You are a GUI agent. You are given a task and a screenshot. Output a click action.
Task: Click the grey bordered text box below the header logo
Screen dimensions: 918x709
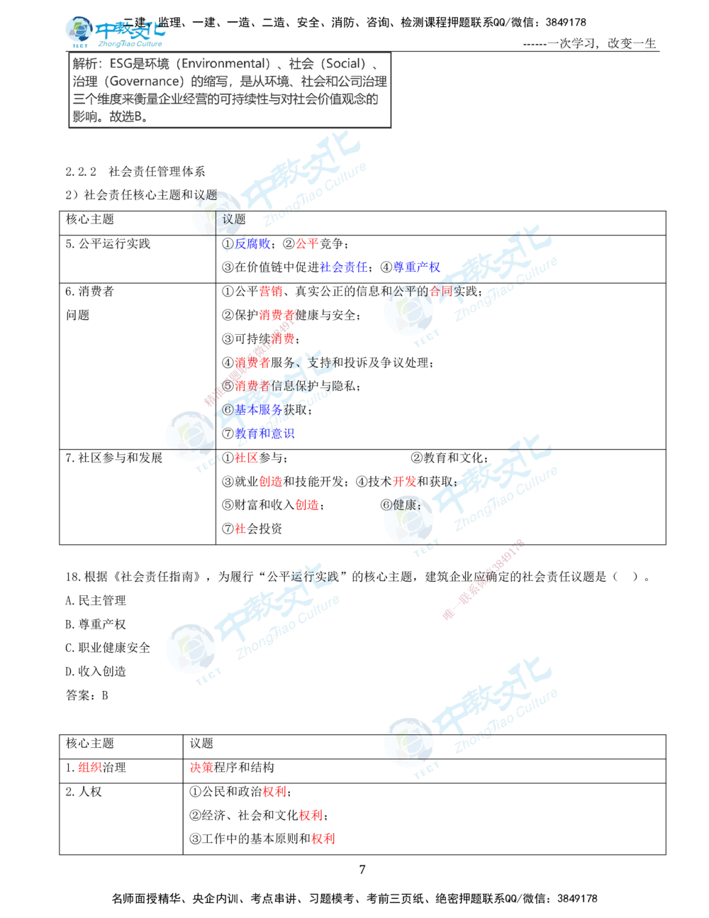click(x=231, y=90)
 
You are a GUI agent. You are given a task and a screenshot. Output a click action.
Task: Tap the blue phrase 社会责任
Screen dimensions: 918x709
click(x=343, y=267)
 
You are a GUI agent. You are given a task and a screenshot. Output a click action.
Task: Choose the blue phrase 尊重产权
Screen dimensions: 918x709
click(x=417, y=267)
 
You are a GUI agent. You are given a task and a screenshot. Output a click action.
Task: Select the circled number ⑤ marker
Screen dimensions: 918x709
click(x=228, y=386)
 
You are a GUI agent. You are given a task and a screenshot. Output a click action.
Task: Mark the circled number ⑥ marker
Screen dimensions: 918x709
click(x=228, y=410)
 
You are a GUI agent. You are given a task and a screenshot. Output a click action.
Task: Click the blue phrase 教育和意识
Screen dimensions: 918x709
click(x=264, y=433)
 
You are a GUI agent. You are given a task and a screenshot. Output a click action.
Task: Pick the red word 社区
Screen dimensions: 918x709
click(x=246, y=458)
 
